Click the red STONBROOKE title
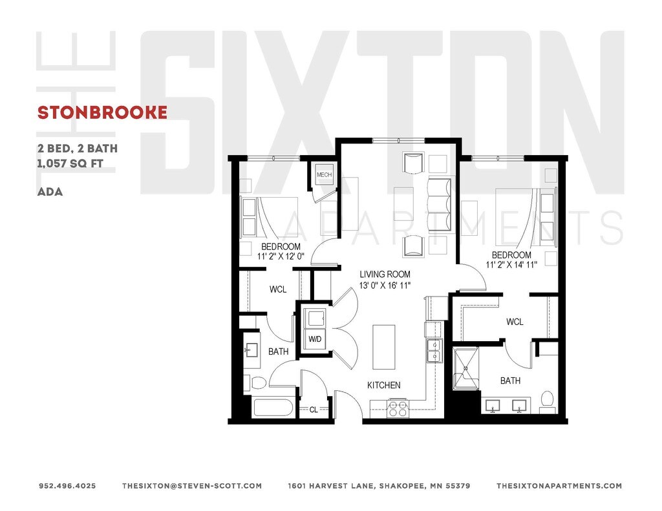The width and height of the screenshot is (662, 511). (102, 112)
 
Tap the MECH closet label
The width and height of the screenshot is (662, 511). (323, 174)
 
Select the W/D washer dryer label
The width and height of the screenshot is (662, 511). (315, 339)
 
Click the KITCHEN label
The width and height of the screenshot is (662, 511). (384, 385)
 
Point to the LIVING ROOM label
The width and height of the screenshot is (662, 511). (385, 274)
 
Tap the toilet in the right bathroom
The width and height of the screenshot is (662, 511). (547, 401)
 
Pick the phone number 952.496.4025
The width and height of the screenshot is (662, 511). (67, 486)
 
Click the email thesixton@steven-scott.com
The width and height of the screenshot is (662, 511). (191, 486)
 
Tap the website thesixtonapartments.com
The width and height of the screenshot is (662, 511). (559, 486)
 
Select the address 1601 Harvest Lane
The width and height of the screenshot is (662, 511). (379, 486)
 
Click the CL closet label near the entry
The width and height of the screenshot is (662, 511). (314, 409)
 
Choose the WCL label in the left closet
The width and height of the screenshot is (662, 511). (278, 289)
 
